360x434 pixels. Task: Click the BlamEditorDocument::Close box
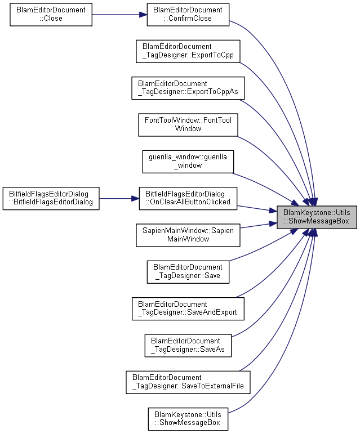pos(51,15)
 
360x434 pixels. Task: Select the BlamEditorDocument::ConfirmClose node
pos(188,15)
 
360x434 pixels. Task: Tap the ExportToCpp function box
pos(188,51)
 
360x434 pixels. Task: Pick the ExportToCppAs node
pos(188,88)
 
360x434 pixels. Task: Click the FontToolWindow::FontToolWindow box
pos(188,125)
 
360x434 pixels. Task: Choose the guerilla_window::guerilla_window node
pos(188,162)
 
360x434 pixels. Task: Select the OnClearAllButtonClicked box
pos(188,199)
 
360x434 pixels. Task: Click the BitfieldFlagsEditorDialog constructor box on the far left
pos(51,199)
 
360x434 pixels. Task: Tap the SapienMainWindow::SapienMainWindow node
pos(188,235)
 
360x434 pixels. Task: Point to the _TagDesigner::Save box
pos(188,272)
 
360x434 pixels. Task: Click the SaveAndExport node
pos(188,308)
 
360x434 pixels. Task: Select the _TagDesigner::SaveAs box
pos(188,346)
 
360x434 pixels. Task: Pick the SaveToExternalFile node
pos(188,382)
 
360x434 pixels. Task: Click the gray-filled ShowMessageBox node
pos(317,217)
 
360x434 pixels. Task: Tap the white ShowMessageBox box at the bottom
pos(188,419)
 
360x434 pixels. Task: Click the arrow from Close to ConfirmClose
pos(119,15)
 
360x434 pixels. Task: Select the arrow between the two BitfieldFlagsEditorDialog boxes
pos(119,199)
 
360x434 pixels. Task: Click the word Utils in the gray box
pos(343,213)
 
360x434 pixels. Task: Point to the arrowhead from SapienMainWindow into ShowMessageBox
pos(273,223)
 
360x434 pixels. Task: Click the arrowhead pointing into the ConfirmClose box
pos(143,15)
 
